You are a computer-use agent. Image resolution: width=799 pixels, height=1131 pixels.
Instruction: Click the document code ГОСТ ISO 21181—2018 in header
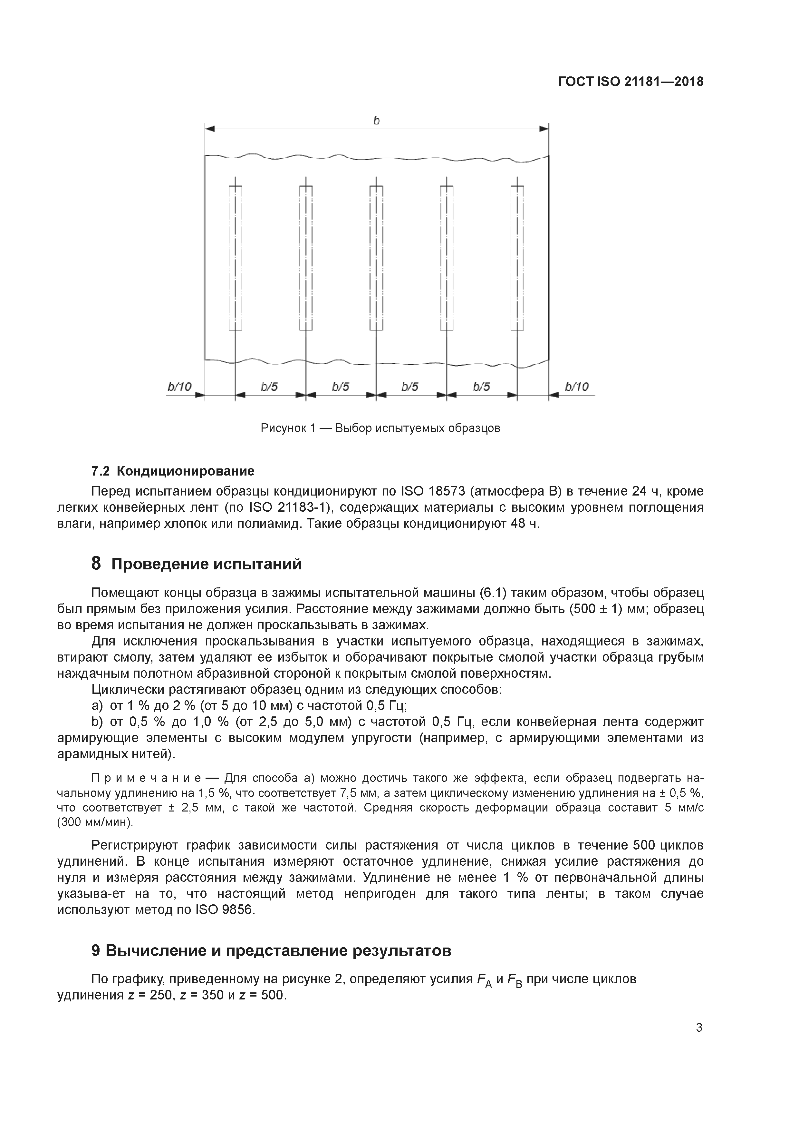[631, 82]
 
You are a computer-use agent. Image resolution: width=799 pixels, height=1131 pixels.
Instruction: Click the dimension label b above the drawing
[377, 121]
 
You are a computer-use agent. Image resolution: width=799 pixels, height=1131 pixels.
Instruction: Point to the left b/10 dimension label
[180, 387]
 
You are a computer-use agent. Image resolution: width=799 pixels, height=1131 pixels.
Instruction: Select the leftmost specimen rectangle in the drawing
[235, 258]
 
